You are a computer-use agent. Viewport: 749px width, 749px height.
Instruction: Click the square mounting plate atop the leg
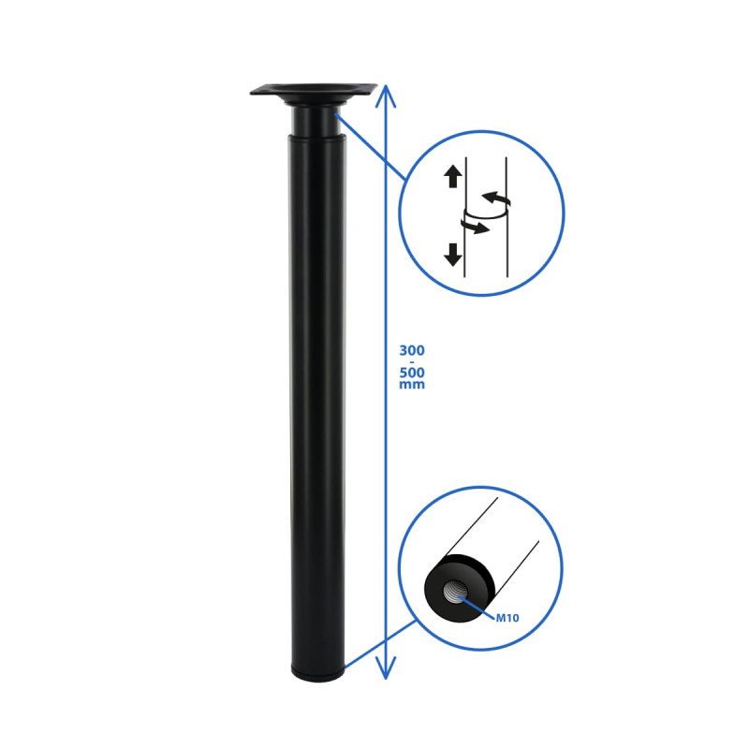(314, 91)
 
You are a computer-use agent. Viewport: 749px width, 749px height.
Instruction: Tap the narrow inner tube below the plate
(315, 121)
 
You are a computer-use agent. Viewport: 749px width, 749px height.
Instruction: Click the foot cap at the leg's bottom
(317, 673)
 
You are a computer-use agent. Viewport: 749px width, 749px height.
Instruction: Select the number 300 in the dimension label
(412, 350)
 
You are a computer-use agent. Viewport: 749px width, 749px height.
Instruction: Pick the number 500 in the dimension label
(412, 372)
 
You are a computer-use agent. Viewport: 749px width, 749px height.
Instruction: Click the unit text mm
(412, 385)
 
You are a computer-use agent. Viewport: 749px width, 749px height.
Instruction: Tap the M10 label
(507, 618)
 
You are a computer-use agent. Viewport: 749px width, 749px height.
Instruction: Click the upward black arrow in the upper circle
(453, 176)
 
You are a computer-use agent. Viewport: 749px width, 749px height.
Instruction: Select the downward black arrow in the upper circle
(453, 254)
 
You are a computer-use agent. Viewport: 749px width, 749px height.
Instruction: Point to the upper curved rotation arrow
(497, 198)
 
